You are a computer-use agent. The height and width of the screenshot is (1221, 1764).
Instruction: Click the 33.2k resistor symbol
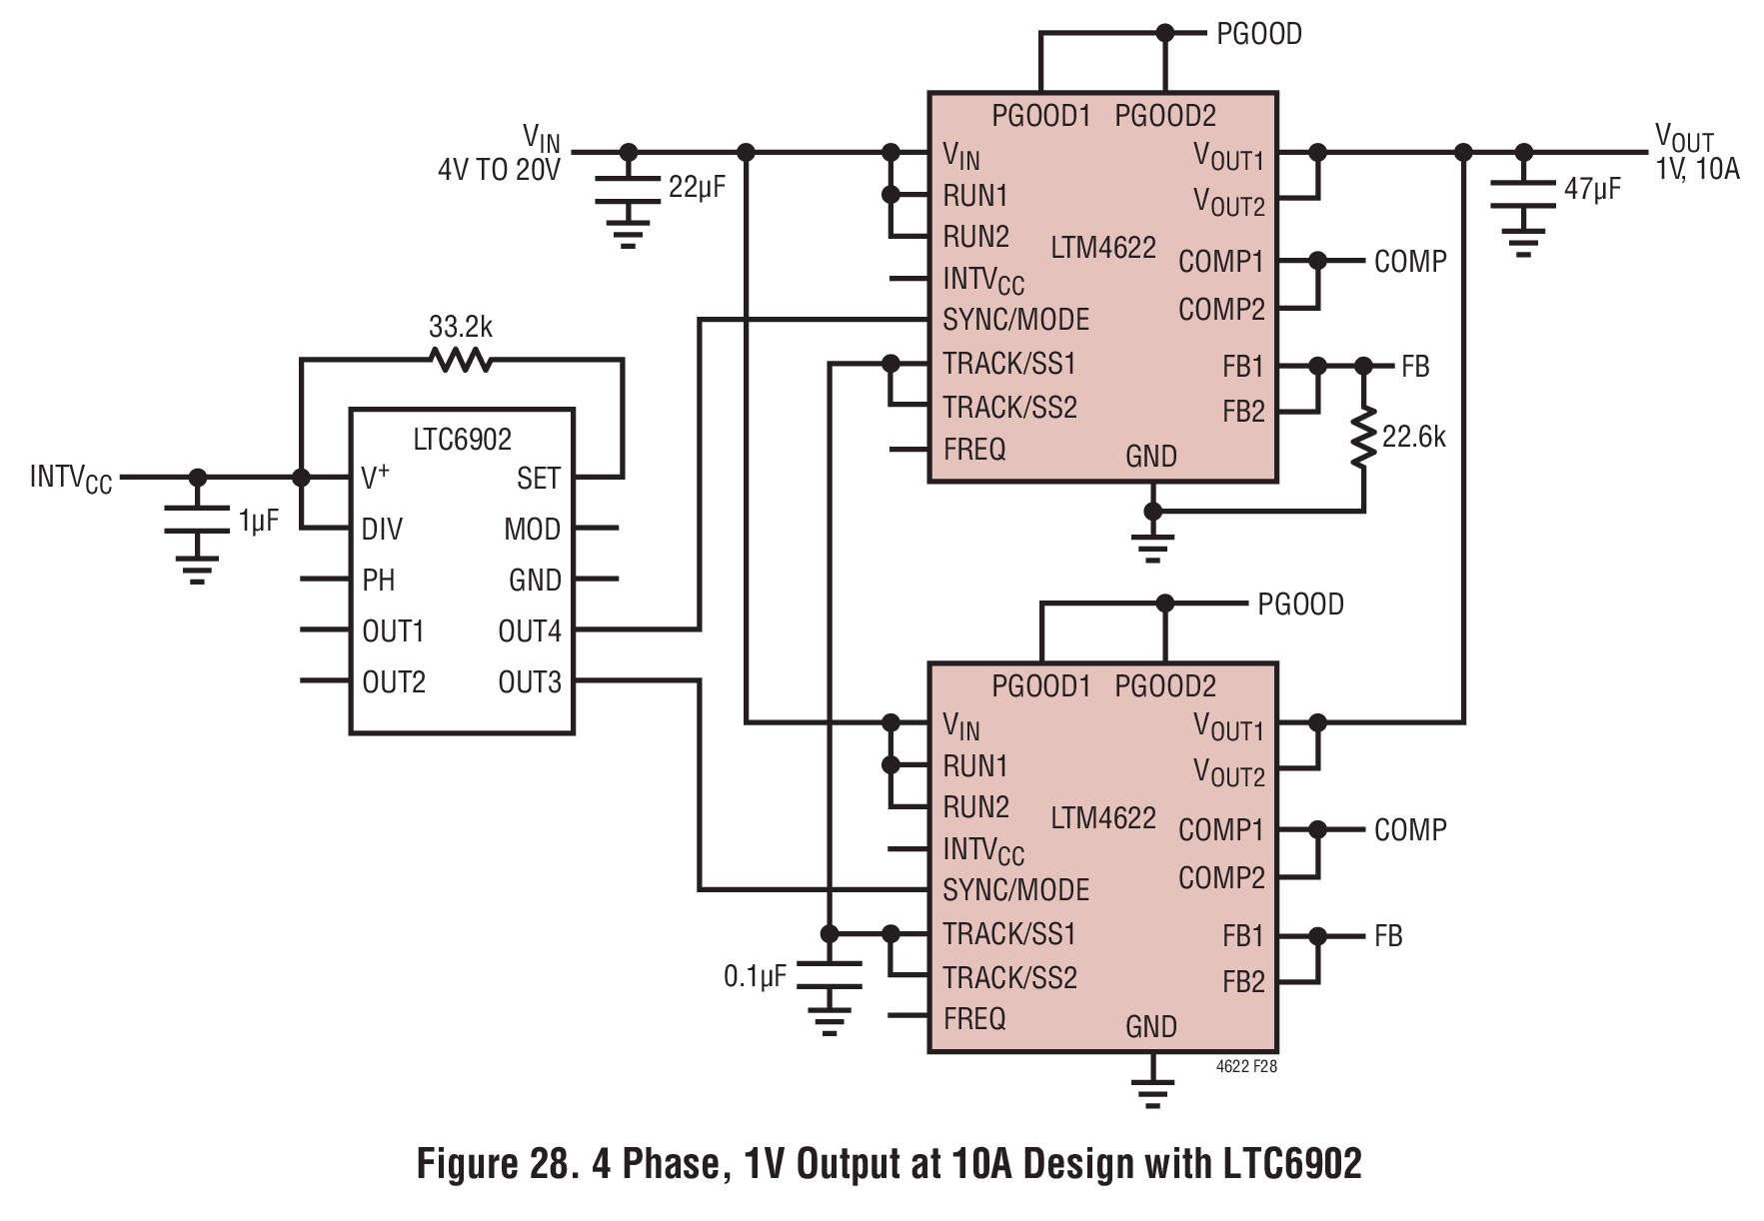point(461,359)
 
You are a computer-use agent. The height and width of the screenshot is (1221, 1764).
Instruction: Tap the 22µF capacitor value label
point(697,187)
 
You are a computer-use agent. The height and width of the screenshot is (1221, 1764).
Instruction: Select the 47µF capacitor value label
point(1592,188)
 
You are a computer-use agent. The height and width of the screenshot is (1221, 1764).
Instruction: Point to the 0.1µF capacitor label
point(755,976)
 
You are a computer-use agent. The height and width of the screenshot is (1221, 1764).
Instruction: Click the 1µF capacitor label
point(258,521)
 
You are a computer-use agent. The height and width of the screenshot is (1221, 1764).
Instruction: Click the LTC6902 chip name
point(462,439)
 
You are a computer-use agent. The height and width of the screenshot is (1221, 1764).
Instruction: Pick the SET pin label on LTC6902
point(539,479)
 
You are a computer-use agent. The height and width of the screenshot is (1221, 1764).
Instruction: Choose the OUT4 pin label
point(530,631)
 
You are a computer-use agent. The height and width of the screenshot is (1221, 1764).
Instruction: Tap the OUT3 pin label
point(530,682)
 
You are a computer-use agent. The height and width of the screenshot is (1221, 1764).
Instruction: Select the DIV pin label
point(382,530)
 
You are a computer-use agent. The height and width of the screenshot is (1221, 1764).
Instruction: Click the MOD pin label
point(532,530)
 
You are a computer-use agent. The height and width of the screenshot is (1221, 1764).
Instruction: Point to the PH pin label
point(378,581)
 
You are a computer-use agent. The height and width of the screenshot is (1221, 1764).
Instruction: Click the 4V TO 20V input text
point(499,170)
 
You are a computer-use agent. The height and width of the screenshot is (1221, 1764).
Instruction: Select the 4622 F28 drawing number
point(1246,1066)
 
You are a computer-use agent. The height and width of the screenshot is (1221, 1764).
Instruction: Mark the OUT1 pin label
point(394,631)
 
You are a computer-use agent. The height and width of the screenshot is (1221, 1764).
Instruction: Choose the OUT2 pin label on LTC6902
point(394,682)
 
